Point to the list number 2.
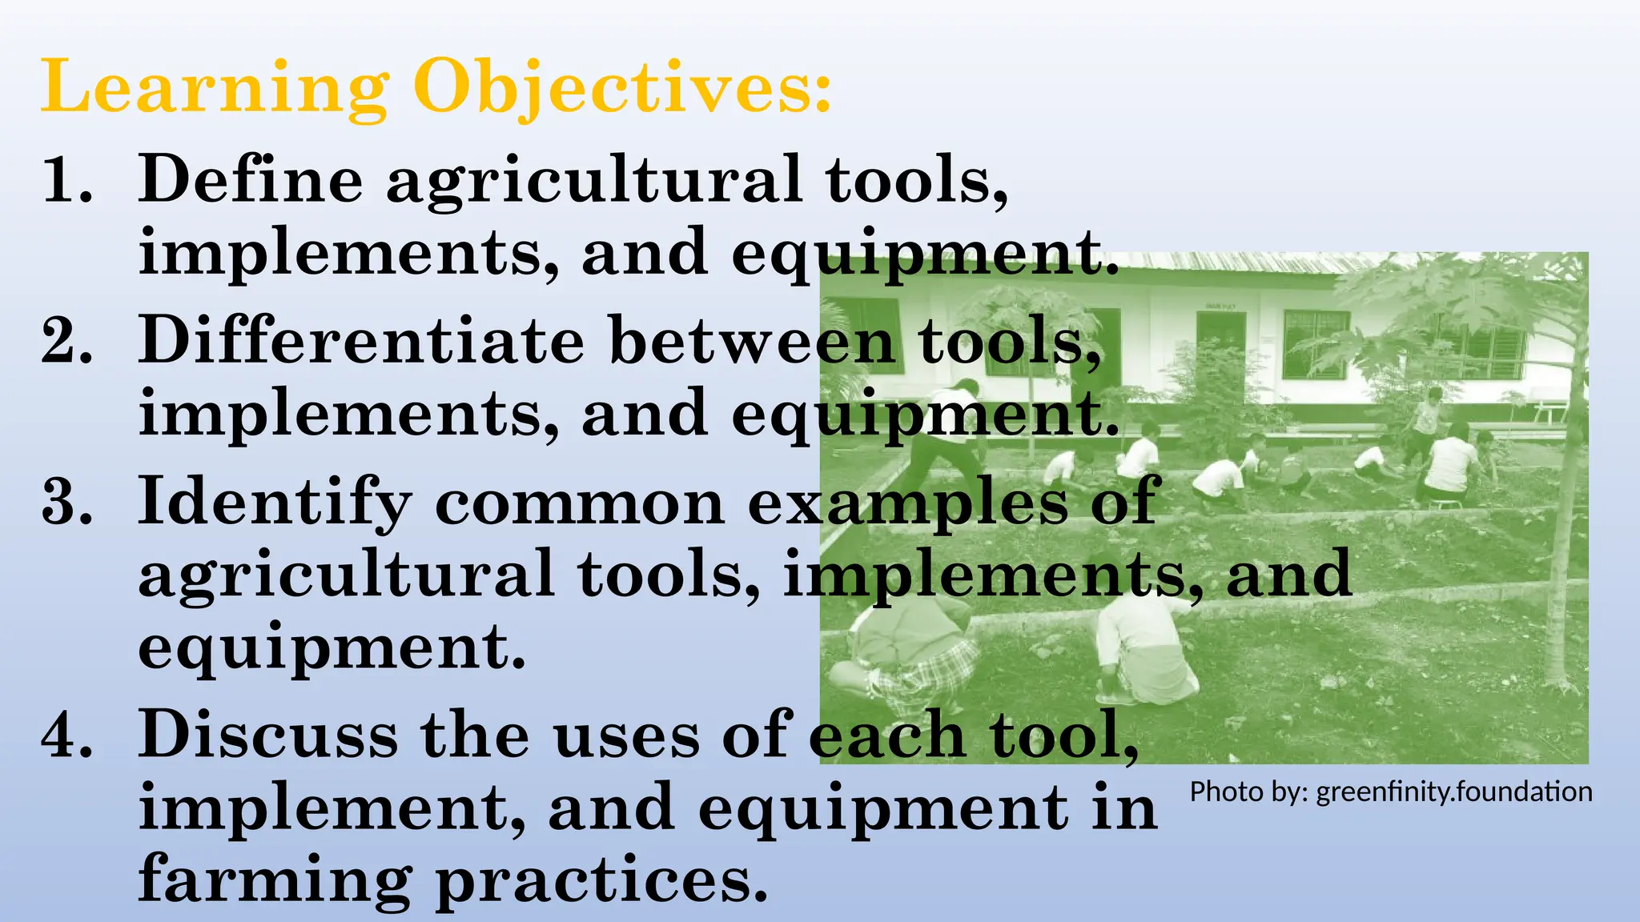(67, 341)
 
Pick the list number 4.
(67, 735)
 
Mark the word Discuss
(267, 735)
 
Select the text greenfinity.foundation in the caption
(1454, 792)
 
